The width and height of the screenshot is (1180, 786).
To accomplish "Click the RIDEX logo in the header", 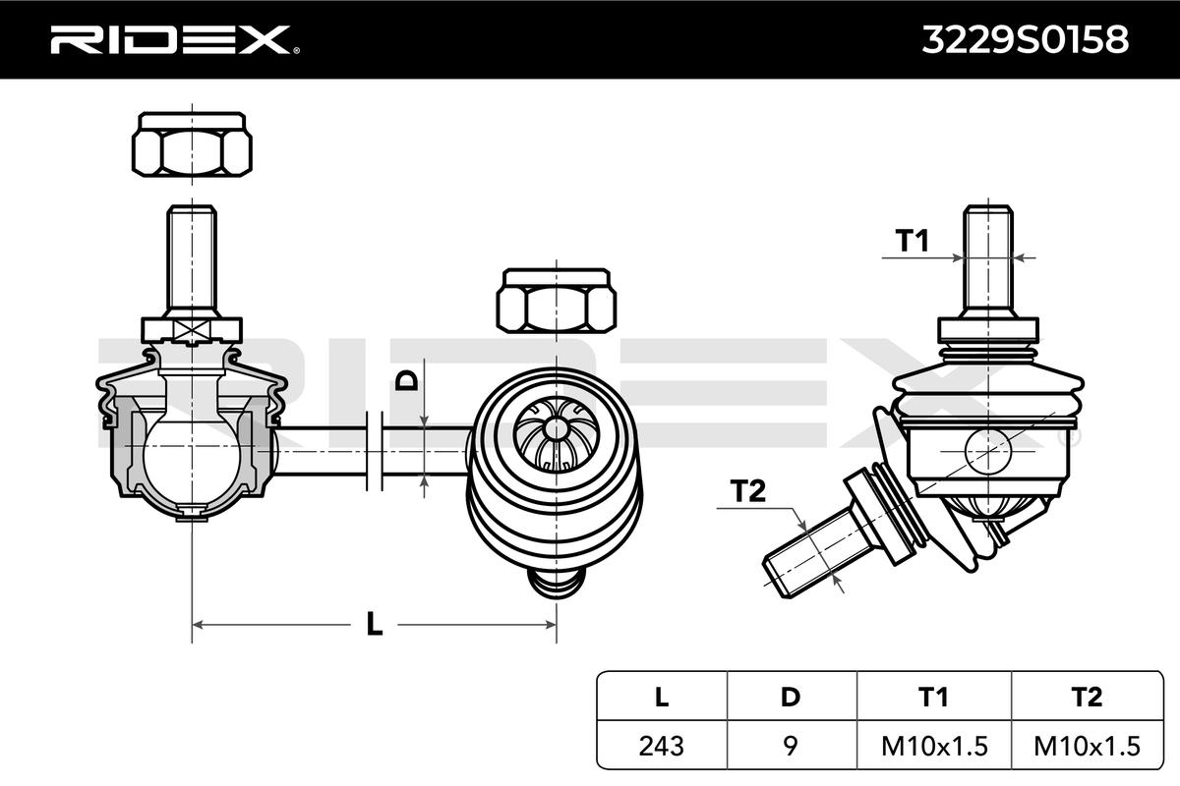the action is coord(168,39).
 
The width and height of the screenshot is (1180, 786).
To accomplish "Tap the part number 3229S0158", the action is coord(1024,39).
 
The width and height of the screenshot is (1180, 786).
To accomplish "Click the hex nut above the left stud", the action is coord(192,144).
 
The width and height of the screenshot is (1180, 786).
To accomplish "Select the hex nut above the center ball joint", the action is coord(558,301).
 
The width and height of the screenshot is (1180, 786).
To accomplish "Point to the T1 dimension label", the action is coord(912,240).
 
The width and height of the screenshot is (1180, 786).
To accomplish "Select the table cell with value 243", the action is coord(661,746).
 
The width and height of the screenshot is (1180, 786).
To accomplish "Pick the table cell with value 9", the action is coord(791,746).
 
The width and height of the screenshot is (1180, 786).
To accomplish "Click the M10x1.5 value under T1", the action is coord(934,746).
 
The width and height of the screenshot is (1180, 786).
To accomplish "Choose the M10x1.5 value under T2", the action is coord(1087,746).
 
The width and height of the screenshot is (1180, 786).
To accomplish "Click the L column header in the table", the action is coord(661,698).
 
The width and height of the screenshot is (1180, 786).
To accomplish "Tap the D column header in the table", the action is coord(791,698).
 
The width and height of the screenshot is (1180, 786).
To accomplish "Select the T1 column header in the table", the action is coord(934,698).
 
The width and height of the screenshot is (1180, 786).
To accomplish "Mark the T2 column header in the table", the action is coord(1087,698).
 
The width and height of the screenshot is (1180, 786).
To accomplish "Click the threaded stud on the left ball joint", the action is coord(192,257).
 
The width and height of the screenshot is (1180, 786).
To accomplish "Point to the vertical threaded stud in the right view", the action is coord(987,257).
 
